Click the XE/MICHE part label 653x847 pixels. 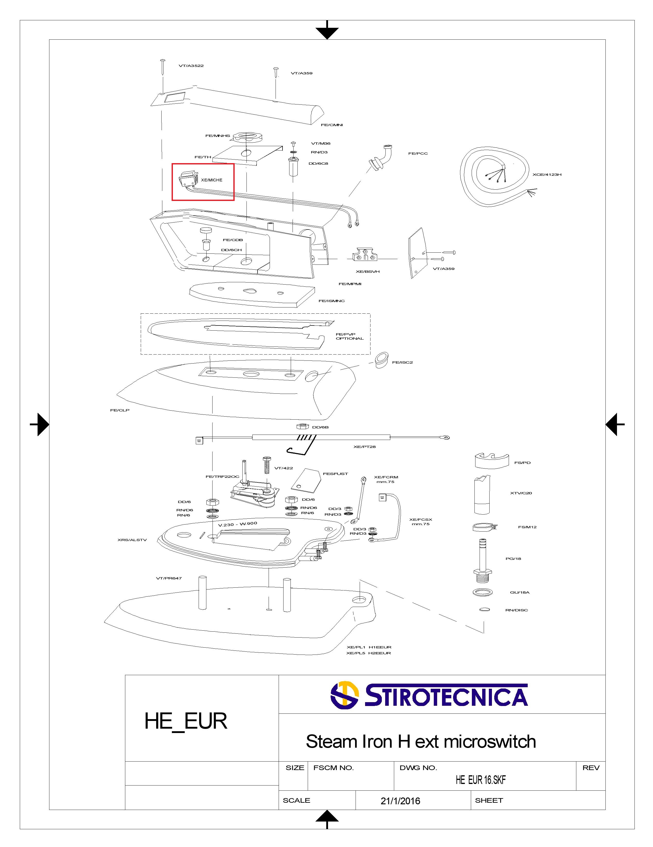click(212, 180)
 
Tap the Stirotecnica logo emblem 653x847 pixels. click(344, 695)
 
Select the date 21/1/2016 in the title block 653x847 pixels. click(400, 801)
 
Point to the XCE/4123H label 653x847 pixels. click(547, 174)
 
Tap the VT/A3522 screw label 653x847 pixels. click(191, 66)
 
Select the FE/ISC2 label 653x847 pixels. click(402, 362)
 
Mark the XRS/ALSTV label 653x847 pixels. click(132, 540)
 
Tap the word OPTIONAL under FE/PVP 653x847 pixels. click(350, 339)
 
